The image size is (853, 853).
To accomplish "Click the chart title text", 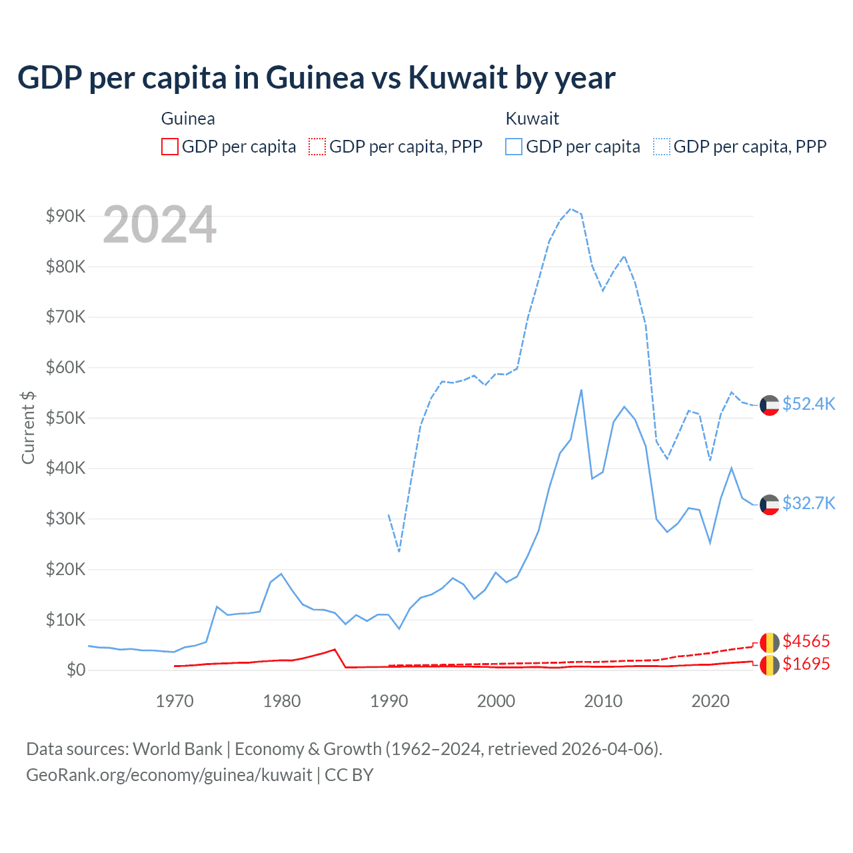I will point(316,78).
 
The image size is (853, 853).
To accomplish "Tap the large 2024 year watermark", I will point(160,225).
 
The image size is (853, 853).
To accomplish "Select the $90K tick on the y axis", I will point(65,216).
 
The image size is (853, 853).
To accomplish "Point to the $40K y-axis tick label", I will point(65,468).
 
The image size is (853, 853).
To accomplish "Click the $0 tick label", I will point(76,670).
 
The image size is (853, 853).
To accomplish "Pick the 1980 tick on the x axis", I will point(282,701).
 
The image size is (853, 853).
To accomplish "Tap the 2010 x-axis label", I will point(603,701).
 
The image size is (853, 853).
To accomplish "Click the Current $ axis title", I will point(28,427).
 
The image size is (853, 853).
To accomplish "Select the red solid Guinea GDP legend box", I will point(170,147).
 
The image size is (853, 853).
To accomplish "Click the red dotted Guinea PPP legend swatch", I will point(317,147).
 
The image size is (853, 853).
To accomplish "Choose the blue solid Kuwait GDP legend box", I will point(514,147).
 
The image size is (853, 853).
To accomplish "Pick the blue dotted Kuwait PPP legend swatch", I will point(662,147).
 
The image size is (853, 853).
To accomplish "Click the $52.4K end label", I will point(808,405).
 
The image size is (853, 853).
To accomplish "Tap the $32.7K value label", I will point(808,503).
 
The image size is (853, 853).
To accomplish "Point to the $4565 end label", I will point(806,641).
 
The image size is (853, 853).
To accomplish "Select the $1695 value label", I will point(806,664).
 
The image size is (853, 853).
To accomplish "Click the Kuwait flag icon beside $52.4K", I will point(770,405).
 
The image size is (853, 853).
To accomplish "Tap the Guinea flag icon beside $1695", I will point(770,665).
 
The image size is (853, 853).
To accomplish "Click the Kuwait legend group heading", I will point(532,119).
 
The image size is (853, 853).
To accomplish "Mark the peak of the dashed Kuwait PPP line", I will point(570,209).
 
